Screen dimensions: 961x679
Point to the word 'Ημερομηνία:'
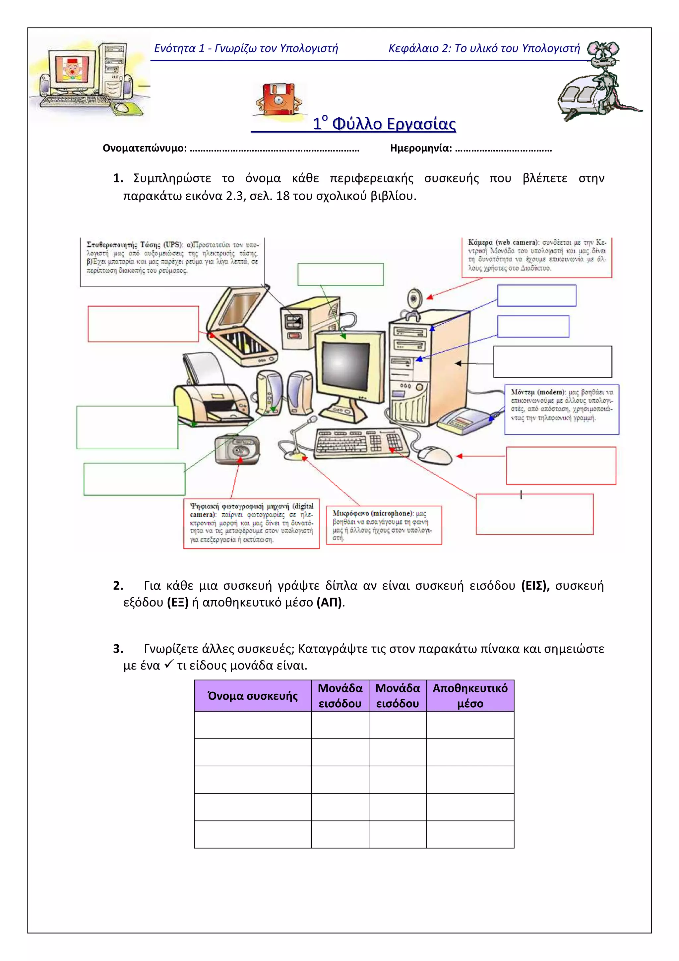[421, 148]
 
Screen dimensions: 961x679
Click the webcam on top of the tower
[415, 302]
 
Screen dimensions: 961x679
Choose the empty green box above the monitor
[340, 275]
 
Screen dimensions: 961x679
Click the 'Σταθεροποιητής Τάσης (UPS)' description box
[172, 262]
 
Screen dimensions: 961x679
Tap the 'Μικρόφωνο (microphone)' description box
[384, 525]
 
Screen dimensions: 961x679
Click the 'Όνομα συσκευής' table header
[253, 696]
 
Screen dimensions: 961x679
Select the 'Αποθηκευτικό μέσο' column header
[470, 696]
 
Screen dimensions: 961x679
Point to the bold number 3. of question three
[118, 648]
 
